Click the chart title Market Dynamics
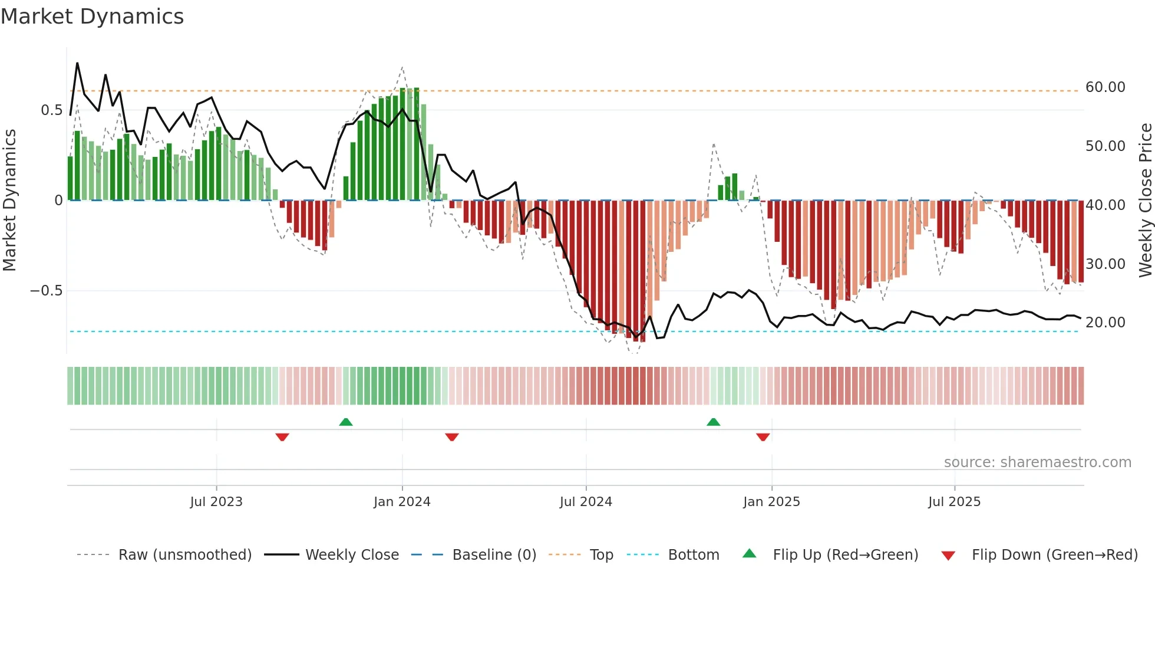click(92, 17)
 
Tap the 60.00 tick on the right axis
click(1105, 87)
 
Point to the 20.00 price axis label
click(1105, 323)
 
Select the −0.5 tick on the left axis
click(46, 291)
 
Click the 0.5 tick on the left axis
click(51, 110)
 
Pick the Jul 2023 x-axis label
click(216, 502)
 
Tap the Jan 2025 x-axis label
click(771, 502)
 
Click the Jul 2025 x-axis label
click(954, 502)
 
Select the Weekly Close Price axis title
click(1145, 200)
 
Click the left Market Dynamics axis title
click(9, 200)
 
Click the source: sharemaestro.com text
click(1037, 462)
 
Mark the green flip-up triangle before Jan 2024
click(346, 422)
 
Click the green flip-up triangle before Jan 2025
click(713, 422)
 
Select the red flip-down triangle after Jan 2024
click(452, 437)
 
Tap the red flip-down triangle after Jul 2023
click(282, 437)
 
